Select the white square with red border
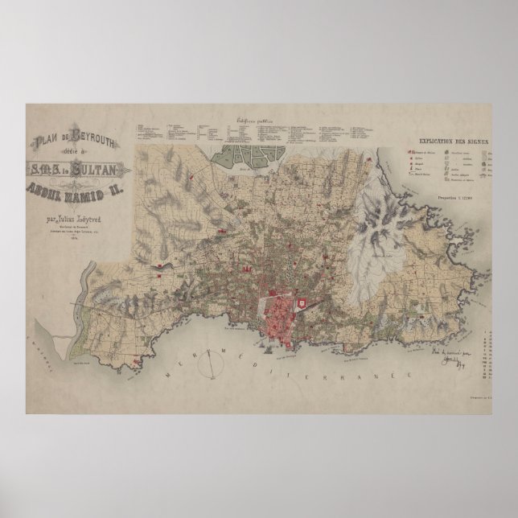302,302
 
